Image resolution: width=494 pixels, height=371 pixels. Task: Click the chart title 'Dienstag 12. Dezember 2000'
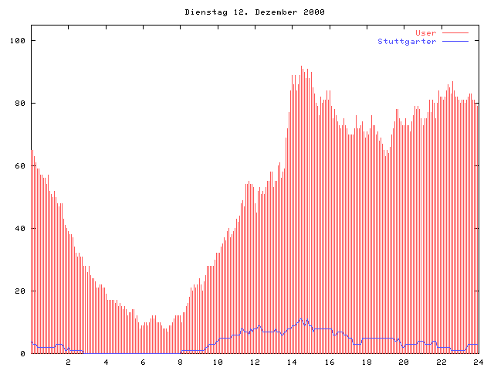coord(255,12)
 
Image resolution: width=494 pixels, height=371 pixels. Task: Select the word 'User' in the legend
coord(426,33)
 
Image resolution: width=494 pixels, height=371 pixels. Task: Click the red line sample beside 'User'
coord(455,33)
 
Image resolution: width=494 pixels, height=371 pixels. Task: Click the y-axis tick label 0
coord(23,354)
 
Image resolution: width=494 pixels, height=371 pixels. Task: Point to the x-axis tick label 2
coord(68,362)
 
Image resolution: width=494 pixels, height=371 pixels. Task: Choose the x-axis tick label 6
coord(143,362)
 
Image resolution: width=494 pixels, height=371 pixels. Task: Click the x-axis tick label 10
coord(218,362)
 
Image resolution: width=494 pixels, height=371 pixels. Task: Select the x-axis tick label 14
coord(292,362)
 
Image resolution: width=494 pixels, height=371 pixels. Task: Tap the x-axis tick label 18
coord(367,362)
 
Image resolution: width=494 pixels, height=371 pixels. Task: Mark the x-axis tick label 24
coord(479,362)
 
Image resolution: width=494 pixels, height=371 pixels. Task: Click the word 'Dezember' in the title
coord(275,12)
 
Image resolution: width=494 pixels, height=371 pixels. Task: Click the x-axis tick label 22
coord(442,362)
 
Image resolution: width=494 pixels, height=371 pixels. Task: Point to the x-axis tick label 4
coord(106,362)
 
